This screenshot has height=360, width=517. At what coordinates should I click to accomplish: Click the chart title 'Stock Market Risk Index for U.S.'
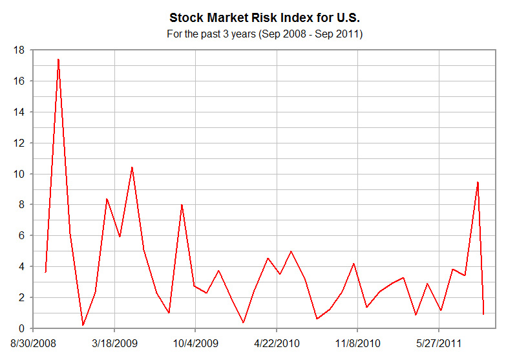pos(264,17)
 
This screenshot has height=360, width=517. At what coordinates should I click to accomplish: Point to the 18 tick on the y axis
pos(19,50)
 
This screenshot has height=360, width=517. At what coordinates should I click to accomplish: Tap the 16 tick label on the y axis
pos(19,81)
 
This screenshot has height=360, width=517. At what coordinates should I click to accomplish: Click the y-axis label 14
pos(19,112)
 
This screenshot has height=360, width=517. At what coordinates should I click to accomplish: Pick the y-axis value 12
pos(19,143)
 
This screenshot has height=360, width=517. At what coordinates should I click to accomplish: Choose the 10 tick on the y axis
pos(19,174)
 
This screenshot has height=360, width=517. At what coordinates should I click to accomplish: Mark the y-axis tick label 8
pos(21,205)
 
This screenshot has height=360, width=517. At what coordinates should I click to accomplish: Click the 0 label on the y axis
pos(21,328)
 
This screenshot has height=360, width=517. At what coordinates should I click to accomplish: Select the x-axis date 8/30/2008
pos(33,342)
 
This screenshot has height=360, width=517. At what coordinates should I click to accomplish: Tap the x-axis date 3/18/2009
pos(114,342)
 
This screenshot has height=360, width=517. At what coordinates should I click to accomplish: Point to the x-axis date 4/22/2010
pos(277,342)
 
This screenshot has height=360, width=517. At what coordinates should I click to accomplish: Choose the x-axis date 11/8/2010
pos(358,342)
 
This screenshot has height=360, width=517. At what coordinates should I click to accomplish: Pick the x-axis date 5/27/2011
pos(439,342)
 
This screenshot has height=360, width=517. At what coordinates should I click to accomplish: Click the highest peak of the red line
pos(58,59)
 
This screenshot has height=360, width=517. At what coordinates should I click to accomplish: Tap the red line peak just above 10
pos(132,167)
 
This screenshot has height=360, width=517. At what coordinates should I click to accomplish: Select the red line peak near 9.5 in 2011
pos(478,182)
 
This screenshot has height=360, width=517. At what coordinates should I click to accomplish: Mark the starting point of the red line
pos(45,272)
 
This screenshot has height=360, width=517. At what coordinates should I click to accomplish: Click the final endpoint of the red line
pos(483,314)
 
